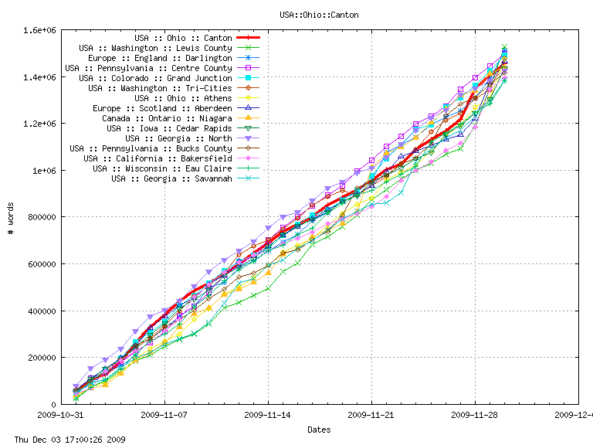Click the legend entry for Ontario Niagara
[x=167, y=118]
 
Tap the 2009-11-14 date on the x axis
[x=268, y=415]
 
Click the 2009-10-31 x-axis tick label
[x=60, y=415]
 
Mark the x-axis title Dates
[x=319, y=429]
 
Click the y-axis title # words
[x=10, y=217]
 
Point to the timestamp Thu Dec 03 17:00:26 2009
[x=65, y=439]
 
